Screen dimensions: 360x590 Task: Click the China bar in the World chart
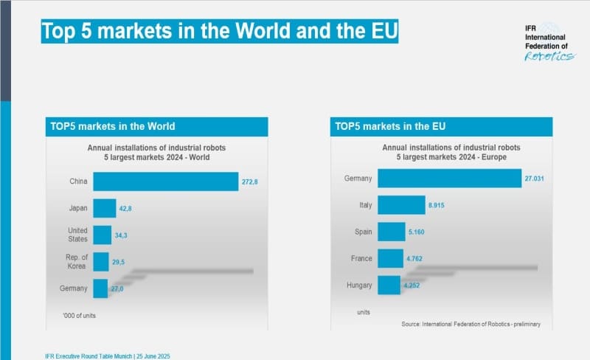point(165,181)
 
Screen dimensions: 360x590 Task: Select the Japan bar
point(104,208)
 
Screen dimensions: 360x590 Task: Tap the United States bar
point(101,235)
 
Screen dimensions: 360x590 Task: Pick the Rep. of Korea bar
point(100,261)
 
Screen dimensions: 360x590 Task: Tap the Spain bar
point(391,232)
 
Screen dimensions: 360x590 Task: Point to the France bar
point(389,258)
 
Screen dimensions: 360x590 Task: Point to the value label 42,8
point(127,209)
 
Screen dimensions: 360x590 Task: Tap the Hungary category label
point(358,285)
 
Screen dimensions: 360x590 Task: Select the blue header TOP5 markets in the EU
point(441,126)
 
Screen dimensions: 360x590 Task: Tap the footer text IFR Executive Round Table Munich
point(107,356)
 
